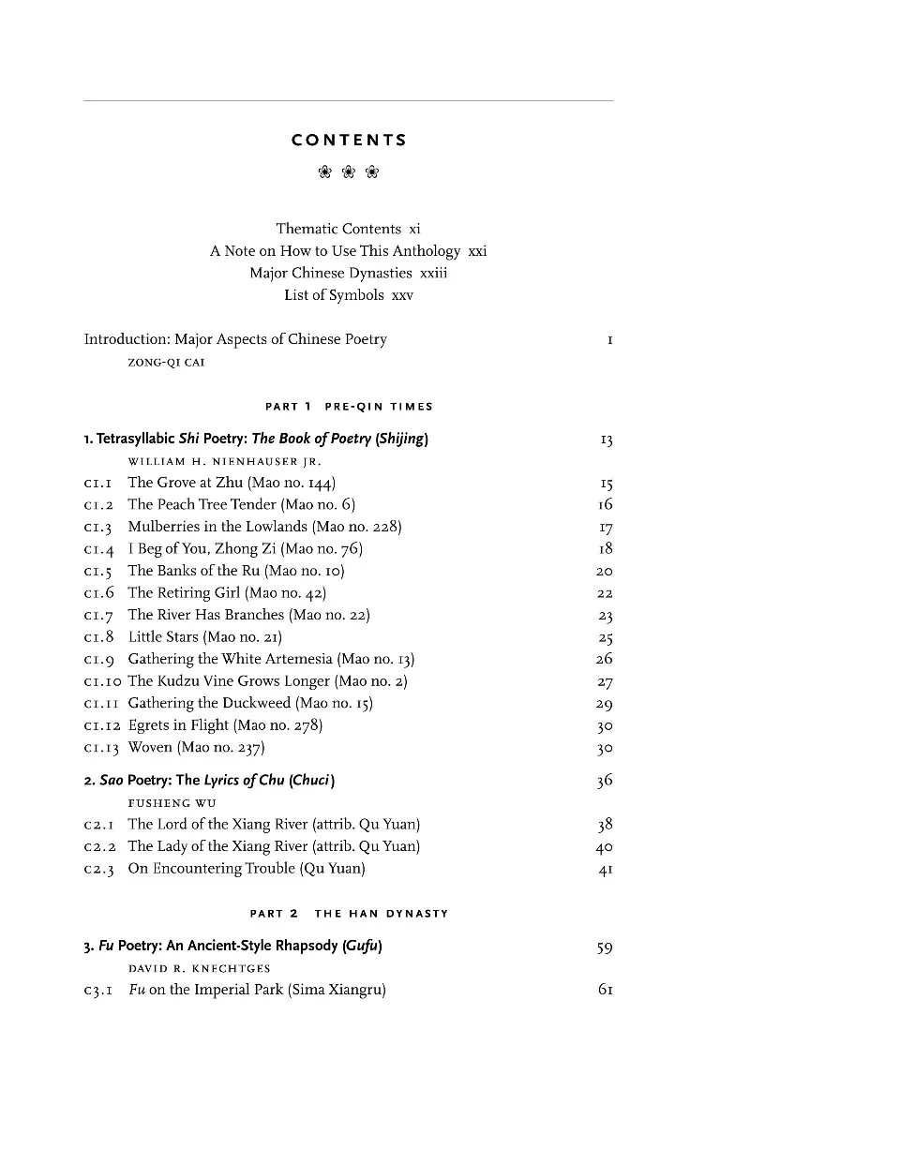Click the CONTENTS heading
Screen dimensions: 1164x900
pyautogui.click(x=349, y=141)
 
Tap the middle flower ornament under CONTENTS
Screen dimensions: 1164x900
pyautogui.click(x=349, y=172)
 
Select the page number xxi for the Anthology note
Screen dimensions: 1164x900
pyautogui.click(x=477, y=251)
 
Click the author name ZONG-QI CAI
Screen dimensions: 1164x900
pyautogui.click(x=166, y=363)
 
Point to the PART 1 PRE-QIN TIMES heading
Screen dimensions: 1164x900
pyautogui.click(x=349, y=407)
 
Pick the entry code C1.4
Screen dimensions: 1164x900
pyautogui.click(x=98, y=549)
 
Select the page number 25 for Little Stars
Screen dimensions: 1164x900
pyautogui.click(x=605, y=637)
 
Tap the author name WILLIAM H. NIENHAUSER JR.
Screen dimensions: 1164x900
pyautogui.click(x=224, y=461)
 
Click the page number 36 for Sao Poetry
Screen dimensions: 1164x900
pyautogui.click(x=605, y=780)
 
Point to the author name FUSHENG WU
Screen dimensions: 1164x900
pyautogui.click(x=172, y=803)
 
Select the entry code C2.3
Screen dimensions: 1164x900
pyautogui.click(x=98, y=869)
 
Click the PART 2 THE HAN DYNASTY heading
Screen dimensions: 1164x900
pyautogui.click(x=349, y=914)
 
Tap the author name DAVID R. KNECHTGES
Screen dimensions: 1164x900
pyautogui.click(x=199, y=968)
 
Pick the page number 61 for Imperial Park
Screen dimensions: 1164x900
pyautogui.click(x=605, y=990)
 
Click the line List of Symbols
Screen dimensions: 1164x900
pyautogui.click(x=334, y=295)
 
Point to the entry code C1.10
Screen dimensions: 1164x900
pyautogui.click(x=101, y=681)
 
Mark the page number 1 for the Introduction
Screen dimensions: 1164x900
pyautogui.click(x=609, y=340)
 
